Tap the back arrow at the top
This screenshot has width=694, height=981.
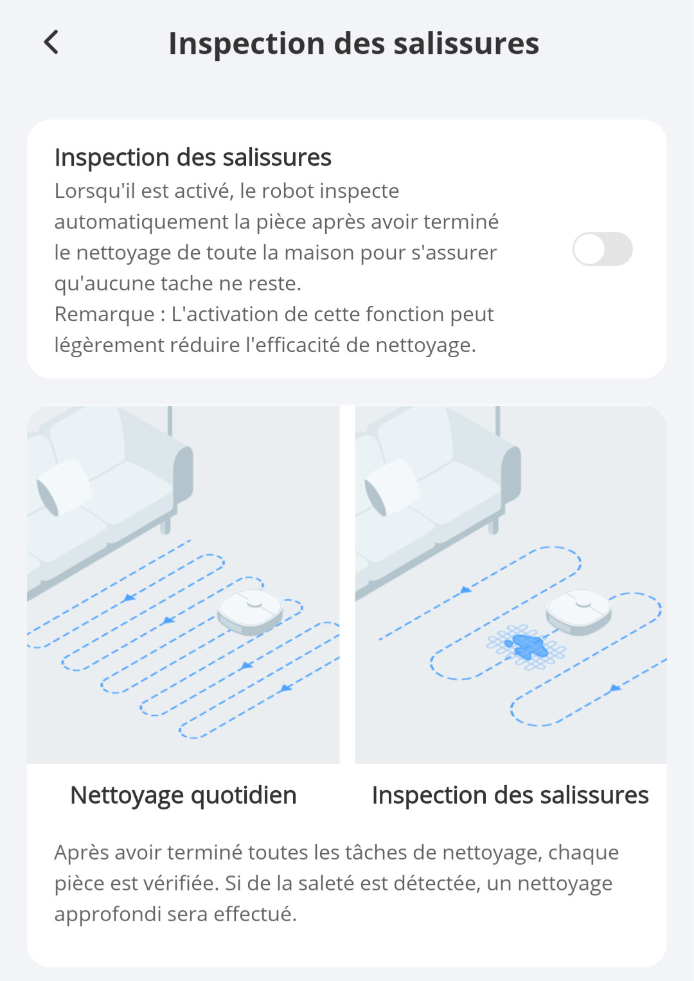pos(51,42)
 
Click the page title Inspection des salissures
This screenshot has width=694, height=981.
pos(354,43)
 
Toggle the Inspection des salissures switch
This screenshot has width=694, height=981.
pos(603,249)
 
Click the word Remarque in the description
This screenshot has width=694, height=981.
pos(104,314)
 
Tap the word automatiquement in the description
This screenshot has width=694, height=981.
pos(141,222)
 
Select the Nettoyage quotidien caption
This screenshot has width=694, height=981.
pos(184,795)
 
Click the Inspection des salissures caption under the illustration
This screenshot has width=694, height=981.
pos(510,795)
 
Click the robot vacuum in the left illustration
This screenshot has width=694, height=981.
pos(250,612)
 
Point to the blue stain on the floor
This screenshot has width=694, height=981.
pos(527,646)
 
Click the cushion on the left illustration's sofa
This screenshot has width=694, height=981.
pos(64,487)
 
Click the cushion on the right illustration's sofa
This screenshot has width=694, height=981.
pos(392,487)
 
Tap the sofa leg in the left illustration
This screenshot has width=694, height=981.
pos(165,524)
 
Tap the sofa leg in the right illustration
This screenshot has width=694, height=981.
pos(494,524)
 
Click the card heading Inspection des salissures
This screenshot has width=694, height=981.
pos(193,157)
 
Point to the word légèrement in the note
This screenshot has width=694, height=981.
pos(109,345)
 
